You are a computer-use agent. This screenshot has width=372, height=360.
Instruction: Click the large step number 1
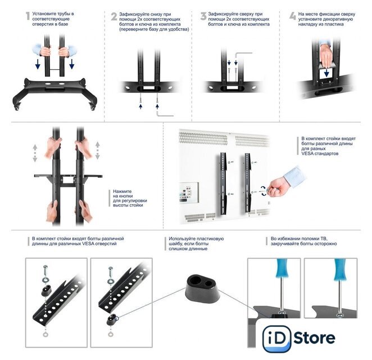[x=28, y=16]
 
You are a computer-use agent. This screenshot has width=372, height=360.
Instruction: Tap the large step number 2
[x=114, y=16]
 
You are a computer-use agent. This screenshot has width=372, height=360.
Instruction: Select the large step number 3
[x=203, y=16]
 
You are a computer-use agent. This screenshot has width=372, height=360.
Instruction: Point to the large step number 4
[x=293, y=16]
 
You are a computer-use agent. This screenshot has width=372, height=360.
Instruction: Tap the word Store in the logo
[x=314, y=338]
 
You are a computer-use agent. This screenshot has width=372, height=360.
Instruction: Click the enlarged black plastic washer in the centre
[x=202, y=288]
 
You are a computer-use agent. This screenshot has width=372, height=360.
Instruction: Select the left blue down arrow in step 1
[x=38, y=64]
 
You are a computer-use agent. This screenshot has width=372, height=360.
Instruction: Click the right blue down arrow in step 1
[x=72, y=64]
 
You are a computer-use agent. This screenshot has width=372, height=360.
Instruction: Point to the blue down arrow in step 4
[x=326, y=73]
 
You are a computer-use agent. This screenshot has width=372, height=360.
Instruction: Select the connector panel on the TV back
[x=189, y=192]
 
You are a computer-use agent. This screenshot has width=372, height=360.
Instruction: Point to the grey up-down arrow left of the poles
[x=35, y=153]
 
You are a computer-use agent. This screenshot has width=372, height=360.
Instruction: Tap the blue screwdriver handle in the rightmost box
[x=340, y=269]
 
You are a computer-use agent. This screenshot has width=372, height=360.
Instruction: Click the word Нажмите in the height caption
[x=122, y=191]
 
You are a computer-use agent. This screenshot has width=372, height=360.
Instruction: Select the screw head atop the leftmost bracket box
[x=46, y=267]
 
